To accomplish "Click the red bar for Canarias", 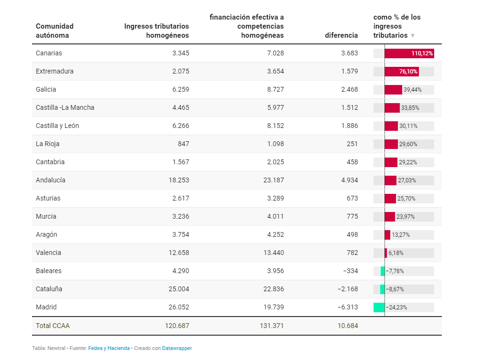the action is [409, 53].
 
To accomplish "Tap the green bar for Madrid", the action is [379, 307].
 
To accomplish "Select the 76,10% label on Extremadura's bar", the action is [408, 72].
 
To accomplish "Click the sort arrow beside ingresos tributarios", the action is [413, 36].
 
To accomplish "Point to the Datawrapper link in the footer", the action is [177, 348].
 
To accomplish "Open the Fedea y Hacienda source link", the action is [109, 348].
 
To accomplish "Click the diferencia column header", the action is [342, 35].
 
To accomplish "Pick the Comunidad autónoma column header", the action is [54, 31].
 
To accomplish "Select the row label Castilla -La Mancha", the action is [65, 107].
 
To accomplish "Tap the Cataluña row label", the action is [49, 289].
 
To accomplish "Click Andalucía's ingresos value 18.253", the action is [179, 180].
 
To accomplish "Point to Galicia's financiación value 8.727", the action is [276, 90].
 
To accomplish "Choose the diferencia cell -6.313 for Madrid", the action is [348, 307].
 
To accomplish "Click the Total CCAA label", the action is [53, 326].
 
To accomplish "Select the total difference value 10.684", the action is [348, 326].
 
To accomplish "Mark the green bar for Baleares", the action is [383, 271].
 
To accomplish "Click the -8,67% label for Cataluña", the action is [395, 289].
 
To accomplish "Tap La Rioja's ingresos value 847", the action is [183, 144].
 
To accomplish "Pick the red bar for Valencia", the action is [386, 253].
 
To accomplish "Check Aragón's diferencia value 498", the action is [352, 234].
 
